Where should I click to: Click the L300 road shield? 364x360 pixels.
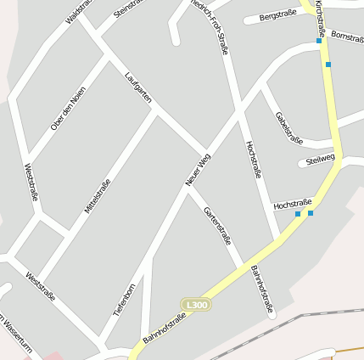click(196, 304)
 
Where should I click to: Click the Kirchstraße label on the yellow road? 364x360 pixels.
click(319, 18)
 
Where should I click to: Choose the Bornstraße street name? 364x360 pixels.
click(347, 37)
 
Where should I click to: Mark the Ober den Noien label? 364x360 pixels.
click(68, 109)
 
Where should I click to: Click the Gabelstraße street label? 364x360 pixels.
click(289, 127)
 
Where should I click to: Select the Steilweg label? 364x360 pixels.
click(320, 159)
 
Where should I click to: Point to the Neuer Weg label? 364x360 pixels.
click(198, 169)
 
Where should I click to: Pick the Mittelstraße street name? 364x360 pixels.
click(98, 195)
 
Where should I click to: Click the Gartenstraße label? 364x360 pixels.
click(217, 225)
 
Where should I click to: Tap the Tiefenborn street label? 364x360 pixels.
click(125, 300)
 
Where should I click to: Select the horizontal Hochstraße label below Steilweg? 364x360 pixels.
click(293, 204)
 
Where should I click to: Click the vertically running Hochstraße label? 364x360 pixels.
click(253, 160)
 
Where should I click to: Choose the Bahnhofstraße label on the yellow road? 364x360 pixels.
click(165, 329)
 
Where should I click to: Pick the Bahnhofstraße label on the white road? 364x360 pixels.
click(262, 290)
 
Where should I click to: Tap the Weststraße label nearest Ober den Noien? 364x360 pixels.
click(31, 182)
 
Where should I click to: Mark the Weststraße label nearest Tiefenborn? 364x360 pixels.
click(41, 286)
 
